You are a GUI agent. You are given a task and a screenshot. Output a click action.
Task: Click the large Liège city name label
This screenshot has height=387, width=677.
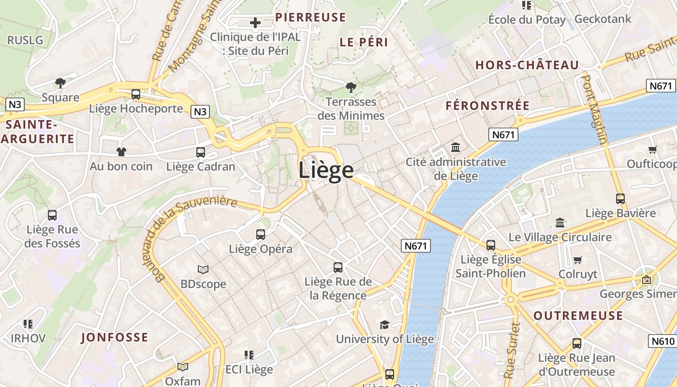tap(326, 170)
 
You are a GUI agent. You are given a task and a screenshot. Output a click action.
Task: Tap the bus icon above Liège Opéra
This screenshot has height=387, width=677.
tap(261, 235)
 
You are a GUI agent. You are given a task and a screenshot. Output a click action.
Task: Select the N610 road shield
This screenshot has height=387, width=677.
tap(662, 341)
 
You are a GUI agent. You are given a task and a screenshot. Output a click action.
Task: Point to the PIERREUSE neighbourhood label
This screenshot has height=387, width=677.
tap(310, 17)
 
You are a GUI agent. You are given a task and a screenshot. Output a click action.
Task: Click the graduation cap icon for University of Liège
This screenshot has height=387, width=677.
tap(384, 325)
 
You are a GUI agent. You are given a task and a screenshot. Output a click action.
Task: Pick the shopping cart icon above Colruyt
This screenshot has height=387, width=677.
tap(577, 260)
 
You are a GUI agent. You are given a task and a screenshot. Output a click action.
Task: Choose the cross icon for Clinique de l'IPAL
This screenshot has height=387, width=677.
tap(255, 22)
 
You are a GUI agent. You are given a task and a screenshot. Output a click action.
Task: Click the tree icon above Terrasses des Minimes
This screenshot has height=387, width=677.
tap(351, 88)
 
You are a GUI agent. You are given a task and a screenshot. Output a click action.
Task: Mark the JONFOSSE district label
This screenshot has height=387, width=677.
tap(115, 337)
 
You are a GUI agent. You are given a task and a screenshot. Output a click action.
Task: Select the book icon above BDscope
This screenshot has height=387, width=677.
tap(203, 269)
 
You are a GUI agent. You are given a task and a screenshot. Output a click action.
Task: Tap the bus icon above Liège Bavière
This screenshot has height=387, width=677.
tap(620, 198)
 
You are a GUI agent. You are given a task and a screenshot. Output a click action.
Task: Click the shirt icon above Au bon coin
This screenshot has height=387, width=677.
tap(121, 152)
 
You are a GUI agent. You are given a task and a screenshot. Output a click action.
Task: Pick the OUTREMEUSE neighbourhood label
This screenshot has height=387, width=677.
tap(578, 316)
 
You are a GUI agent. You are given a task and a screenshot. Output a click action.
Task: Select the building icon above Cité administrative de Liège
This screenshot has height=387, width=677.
tap(456, 147)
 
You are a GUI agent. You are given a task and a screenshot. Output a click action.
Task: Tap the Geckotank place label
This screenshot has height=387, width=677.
tap(603, 19)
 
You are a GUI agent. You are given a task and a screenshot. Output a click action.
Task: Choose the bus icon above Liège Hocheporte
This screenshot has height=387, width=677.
tap(136, 94)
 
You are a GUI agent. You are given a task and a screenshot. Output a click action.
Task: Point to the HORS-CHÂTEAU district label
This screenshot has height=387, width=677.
tap(527, 65)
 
